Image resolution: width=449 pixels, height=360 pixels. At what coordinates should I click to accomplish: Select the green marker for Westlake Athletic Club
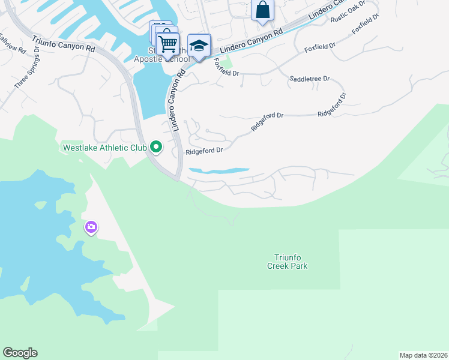(156, 146)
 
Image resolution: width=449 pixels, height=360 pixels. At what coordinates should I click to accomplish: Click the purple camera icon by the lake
(91, 227)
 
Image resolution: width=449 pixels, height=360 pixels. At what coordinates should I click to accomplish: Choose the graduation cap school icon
(199, 45)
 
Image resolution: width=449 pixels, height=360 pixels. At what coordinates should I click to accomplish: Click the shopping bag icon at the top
(262, 10)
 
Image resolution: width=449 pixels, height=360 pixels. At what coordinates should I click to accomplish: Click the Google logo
(20, 353)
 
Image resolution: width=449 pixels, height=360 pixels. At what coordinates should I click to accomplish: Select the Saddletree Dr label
(310, 79)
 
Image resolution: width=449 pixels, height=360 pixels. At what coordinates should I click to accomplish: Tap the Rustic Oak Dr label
(348, 15)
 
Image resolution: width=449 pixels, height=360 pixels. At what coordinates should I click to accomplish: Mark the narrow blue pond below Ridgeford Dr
(219, 171)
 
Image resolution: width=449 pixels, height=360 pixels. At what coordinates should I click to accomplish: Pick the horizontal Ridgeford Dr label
(204, 151)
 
